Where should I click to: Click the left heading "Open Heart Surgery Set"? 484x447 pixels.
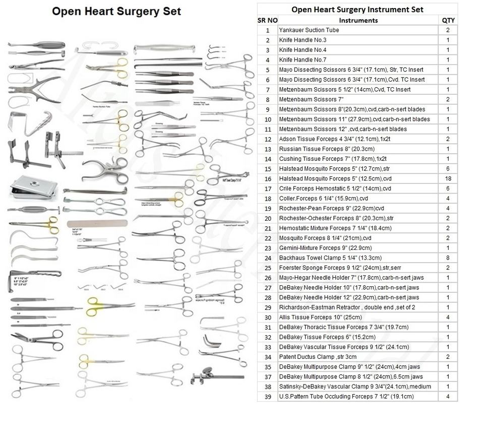[116, 11]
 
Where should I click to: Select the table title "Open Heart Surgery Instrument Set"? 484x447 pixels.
[357, 10]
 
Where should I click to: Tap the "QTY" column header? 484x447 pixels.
[448, 20]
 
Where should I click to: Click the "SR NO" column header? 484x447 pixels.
[267, 20]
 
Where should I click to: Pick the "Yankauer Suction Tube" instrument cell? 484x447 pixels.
[309, 30]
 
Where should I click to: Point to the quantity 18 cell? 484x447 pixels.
[448, 179]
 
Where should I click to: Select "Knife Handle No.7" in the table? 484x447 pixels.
[302, 60]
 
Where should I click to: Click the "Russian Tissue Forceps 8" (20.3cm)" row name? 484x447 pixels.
[326, 149]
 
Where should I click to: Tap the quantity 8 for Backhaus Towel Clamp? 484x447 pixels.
[448, 258]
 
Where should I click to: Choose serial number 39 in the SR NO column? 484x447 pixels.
[267, 397]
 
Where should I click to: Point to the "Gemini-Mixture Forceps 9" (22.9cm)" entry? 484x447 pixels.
[325, 248]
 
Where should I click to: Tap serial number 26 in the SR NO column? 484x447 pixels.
[267, 278]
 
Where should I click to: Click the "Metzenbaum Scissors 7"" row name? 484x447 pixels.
[308, 100]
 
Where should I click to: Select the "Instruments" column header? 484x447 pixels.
[358, 20]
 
